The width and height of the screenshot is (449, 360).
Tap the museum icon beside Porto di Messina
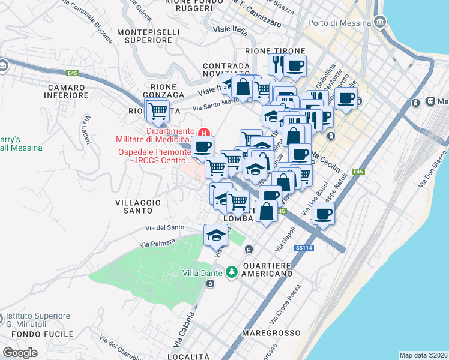click(379, 23)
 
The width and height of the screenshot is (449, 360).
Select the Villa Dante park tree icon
click(232, 273)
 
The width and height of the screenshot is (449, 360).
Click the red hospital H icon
click(205, 133)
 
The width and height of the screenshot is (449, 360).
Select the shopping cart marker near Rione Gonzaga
click(157, 110)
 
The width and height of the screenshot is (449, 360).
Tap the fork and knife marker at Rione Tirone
click(277, 65)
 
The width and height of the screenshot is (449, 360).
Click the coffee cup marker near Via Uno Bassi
click(324, 214)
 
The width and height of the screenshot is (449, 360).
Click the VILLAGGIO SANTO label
click(138, 207)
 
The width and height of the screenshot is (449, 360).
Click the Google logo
click(20, 352)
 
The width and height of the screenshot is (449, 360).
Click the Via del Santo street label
click(164, 227)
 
